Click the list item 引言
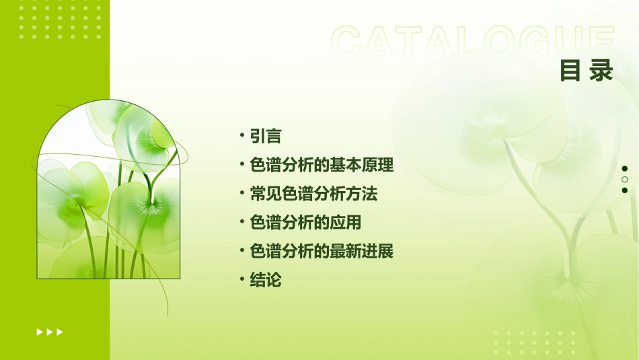pos(265,136)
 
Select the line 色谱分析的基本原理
pos(321,165)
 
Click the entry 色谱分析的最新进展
pos(321,252)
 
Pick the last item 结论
pos(265,281)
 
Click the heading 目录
pos(587,71)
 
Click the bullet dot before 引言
pos(242,135)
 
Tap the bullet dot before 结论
pos(242,280)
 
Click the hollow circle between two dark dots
pos(625,180)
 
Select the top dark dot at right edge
pos(625,169)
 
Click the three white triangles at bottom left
pos(50,332)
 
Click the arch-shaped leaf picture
pos(108,195)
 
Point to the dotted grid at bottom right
pos(535,343)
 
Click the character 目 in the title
pos(571,71)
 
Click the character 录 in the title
pos(603,71)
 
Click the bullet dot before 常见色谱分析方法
pos(242,193)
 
